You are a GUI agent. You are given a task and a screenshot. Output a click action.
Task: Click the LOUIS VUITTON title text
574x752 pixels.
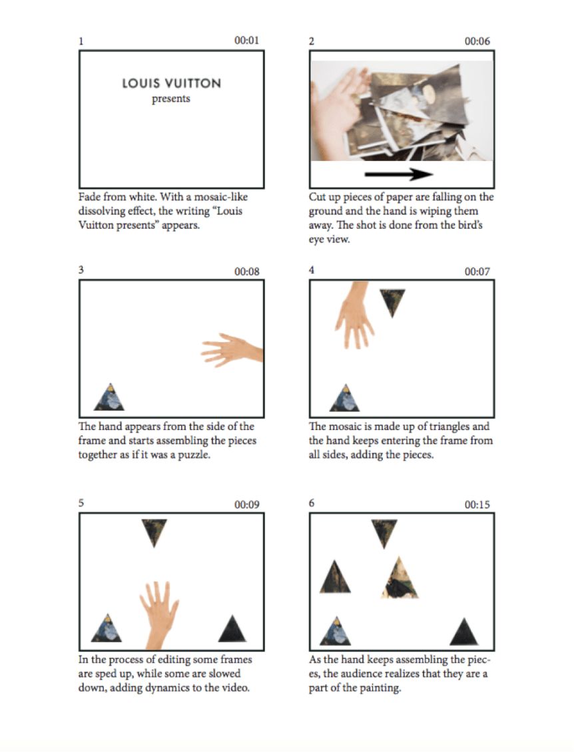171,83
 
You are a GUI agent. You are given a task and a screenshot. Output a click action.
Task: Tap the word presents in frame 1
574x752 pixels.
171,98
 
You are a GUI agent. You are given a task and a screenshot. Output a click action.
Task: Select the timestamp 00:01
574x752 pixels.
246,41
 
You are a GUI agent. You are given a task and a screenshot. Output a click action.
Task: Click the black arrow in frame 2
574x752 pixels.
399,174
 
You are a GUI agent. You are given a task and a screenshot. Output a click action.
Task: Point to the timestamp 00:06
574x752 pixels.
477,41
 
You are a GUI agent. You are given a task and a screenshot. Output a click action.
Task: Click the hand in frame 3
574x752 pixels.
232,350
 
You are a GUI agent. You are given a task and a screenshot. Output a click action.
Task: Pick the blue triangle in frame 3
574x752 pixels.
109,397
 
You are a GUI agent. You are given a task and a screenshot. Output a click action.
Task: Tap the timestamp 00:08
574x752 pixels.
246,272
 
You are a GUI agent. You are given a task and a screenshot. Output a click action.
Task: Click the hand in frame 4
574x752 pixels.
355,314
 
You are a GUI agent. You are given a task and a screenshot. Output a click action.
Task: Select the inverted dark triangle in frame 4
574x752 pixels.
392,301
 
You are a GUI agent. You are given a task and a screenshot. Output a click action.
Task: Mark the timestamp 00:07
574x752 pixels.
477,272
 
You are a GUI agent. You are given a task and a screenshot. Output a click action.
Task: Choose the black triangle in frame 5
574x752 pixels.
232,629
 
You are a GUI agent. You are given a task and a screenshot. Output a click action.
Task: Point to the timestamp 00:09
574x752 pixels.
246,504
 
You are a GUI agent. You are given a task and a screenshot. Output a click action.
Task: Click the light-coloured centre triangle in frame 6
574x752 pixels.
400,580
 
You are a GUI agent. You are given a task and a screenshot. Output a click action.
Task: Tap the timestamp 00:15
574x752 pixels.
477,504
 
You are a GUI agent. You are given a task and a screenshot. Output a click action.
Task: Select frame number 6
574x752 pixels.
312,502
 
